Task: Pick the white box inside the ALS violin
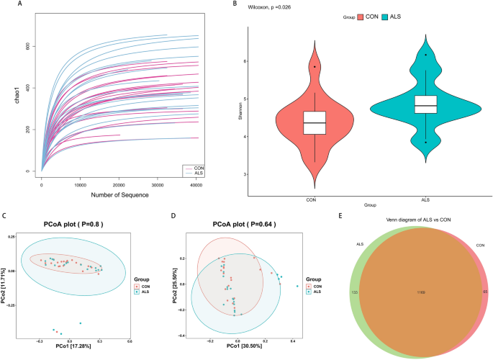click(x=427, y=105)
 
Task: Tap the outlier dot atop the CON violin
click(x=315, y=66)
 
